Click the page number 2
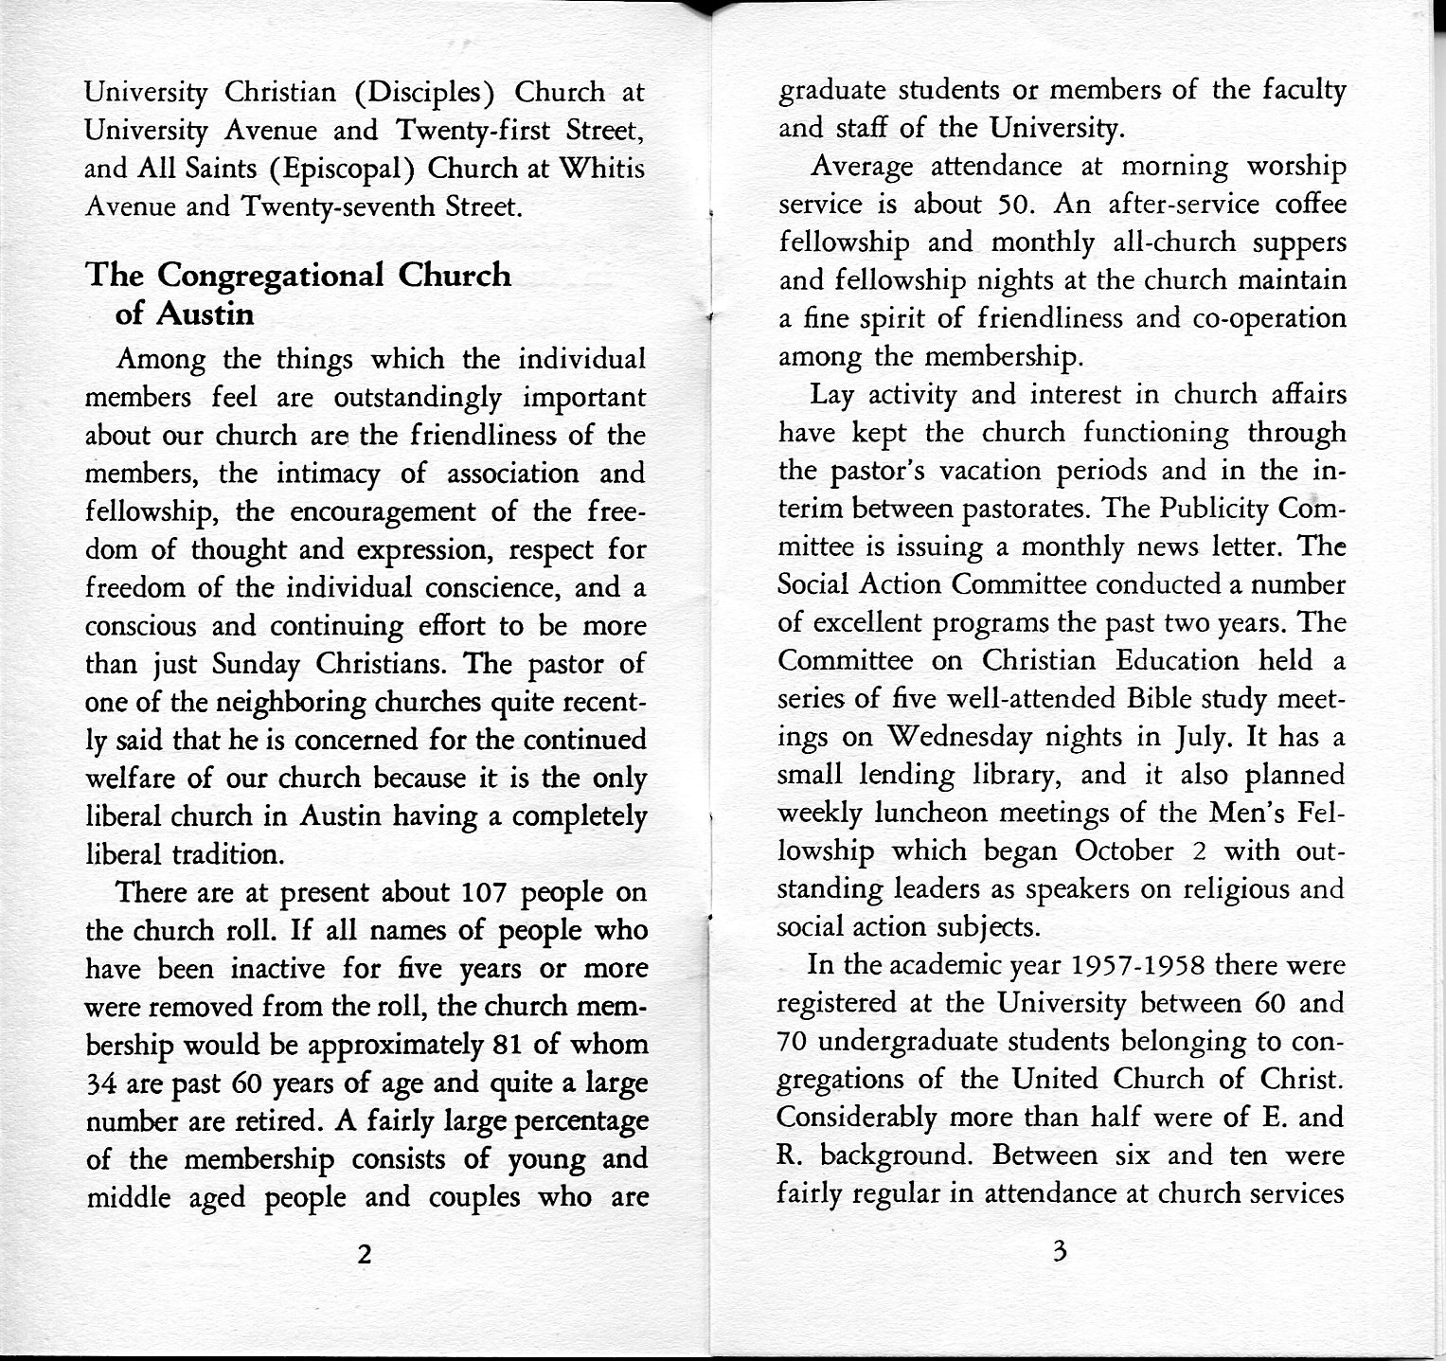[x=364, y=1255]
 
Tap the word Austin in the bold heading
[x=205, y=313]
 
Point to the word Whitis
[x=602, y=169]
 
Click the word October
[x=1124, y=851]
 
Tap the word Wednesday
[x=958, y=737]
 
